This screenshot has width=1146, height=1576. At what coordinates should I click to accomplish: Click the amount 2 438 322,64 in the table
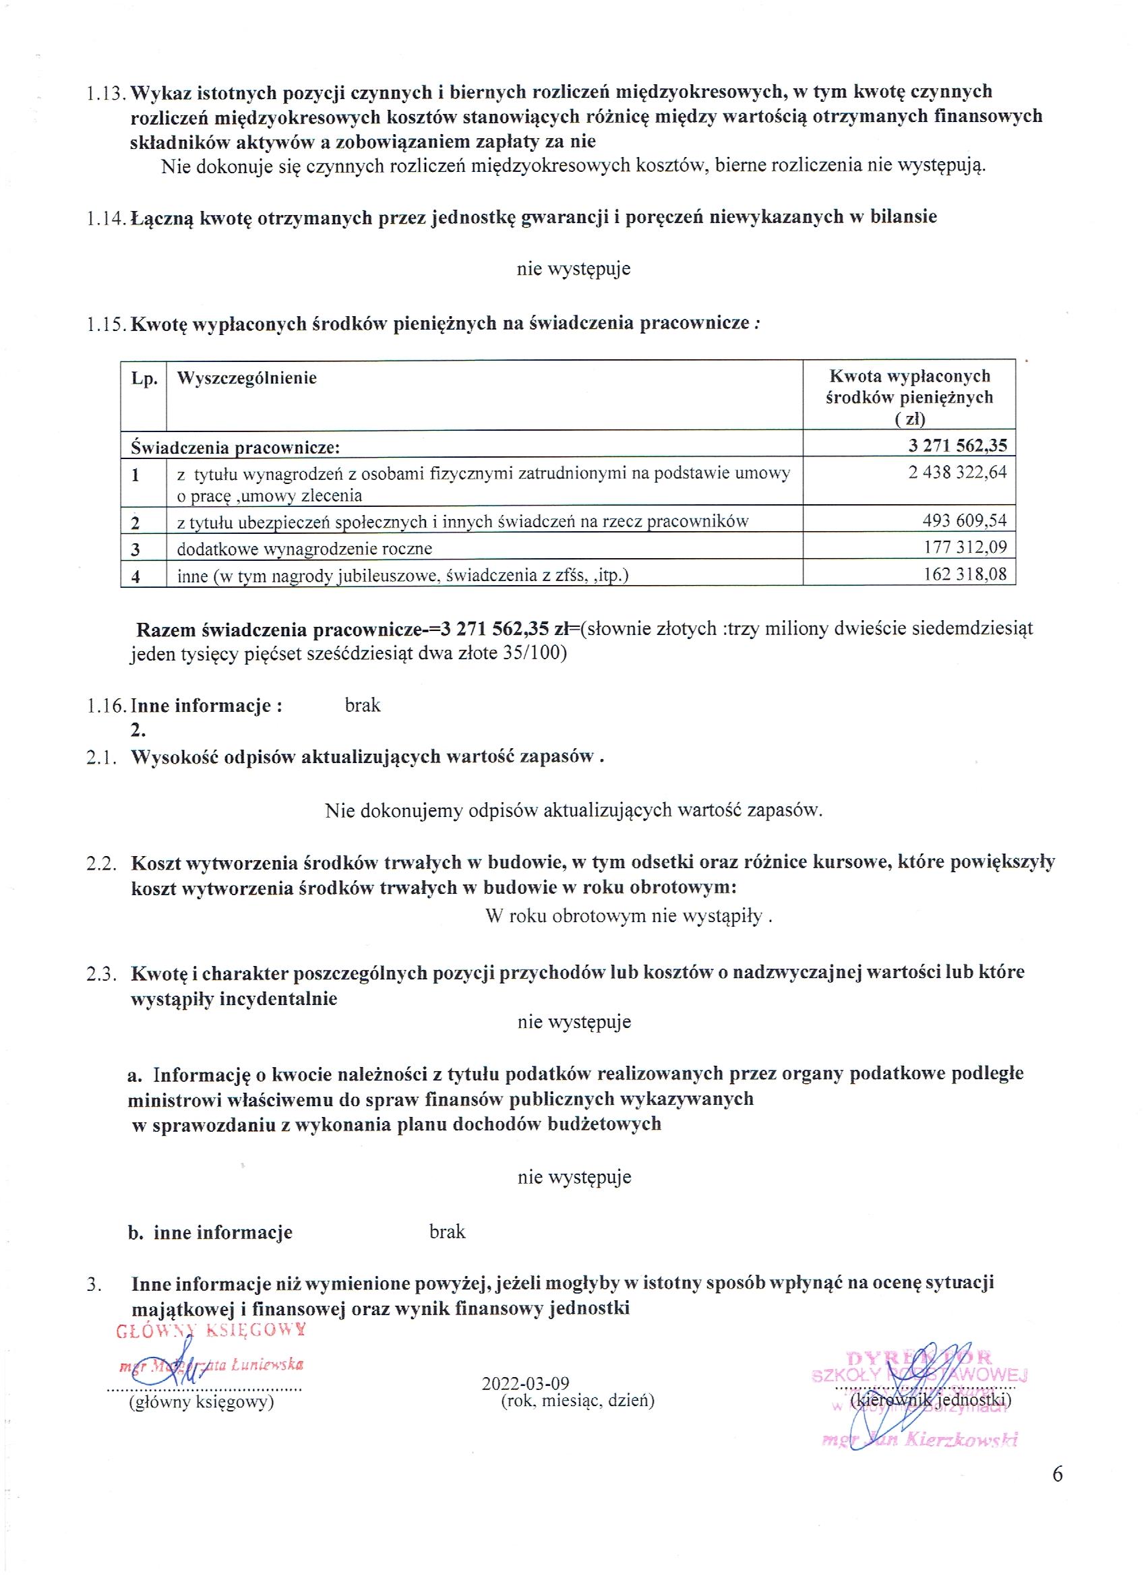tap(957, 473)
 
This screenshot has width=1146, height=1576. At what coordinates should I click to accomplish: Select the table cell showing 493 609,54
tap(963, 520)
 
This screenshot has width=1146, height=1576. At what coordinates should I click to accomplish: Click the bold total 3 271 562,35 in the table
tap(957, 445)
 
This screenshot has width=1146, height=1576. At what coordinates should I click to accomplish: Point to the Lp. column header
tap(144, 380)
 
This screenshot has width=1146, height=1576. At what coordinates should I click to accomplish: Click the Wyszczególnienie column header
tap(247, 378)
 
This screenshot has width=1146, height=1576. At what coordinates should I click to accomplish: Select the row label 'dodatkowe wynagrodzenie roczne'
tap(305, 549)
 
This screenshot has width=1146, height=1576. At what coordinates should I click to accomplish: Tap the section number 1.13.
tap(107, 92)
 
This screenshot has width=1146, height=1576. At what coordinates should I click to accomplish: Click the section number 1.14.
tap(107, 218)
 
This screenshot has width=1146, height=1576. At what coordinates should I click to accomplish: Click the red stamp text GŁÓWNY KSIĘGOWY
tap(211, 1330)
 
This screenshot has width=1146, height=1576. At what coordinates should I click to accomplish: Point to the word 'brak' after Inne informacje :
tap(363, 705)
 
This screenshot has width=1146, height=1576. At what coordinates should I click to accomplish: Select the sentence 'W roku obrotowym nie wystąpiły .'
tap(629, 916)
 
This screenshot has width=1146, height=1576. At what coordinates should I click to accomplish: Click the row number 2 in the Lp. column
tap(135, 522)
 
